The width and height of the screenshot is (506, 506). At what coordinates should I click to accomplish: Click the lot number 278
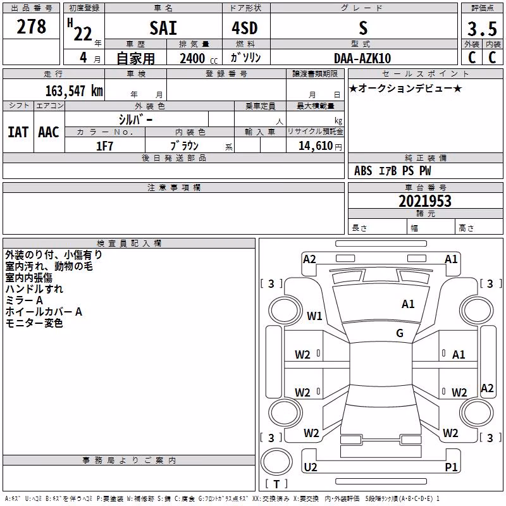tap(31, 27)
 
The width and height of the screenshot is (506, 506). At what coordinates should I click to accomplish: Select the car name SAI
tap(163, 28)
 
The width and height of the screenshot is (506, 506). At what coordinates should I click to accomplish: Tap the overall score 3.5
tap(482, 28)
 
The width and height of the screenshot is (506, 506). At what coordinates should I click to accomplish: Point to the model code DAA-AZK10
tap(362, 58)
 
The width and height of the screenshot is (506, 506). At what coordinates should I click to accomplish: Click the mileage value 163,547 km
tap(74, 91)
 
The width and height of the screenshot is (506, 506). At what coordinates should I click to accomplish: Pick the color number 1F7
tap(104, 146)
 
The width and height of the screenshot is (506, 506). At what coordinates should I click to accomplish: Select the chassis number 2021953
tap(425, 201)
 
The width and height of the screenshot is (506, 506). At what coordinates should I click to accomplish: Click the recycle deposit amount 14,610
tap(316, 146)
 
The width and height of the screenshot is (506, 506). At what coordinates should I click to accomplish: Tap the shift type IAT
tap(18, 132)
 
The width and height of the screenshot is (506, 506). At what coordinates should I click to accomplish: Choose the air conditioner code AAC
tap(49, 132)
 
